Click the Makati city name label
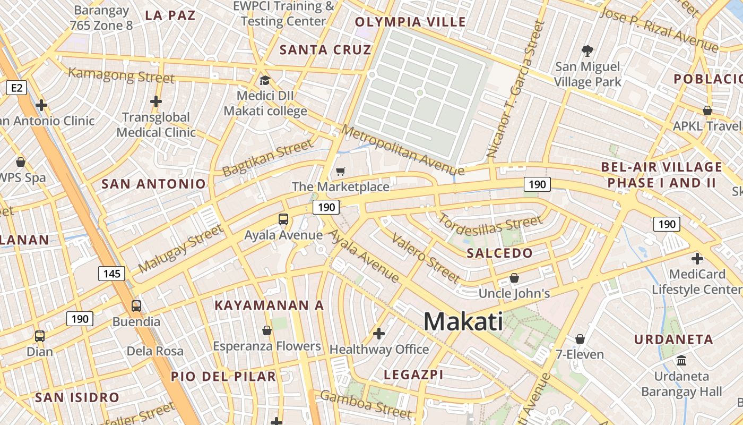point(463,322)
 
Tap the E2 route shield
point(16,88)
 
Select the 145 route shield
point(111,274)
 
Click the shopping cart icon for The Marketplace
point(341,171)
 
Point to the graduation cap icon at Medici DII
point(264,81)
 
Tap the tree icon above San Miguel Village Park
point(587,51)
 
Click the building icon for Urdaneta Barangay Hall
point(681,361)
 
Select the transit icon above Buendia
point(136,306)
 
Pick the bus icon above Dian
point(40,336)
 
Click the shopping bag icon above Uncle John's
point(514,278)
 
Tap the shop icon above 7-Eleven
point(580,339)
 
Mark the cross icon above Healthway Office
point(379,334)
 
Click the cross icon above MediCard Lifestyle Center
point(697,259)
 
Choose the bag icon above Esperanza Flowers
point(267,330)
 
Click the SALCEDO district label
point(499,253)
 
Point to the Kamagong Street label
point(122,75)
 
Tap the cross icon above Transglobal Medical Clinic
point(155,101)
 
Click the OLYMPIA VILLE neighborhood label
point(410,22)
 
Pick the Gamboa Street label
point(366,404)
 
